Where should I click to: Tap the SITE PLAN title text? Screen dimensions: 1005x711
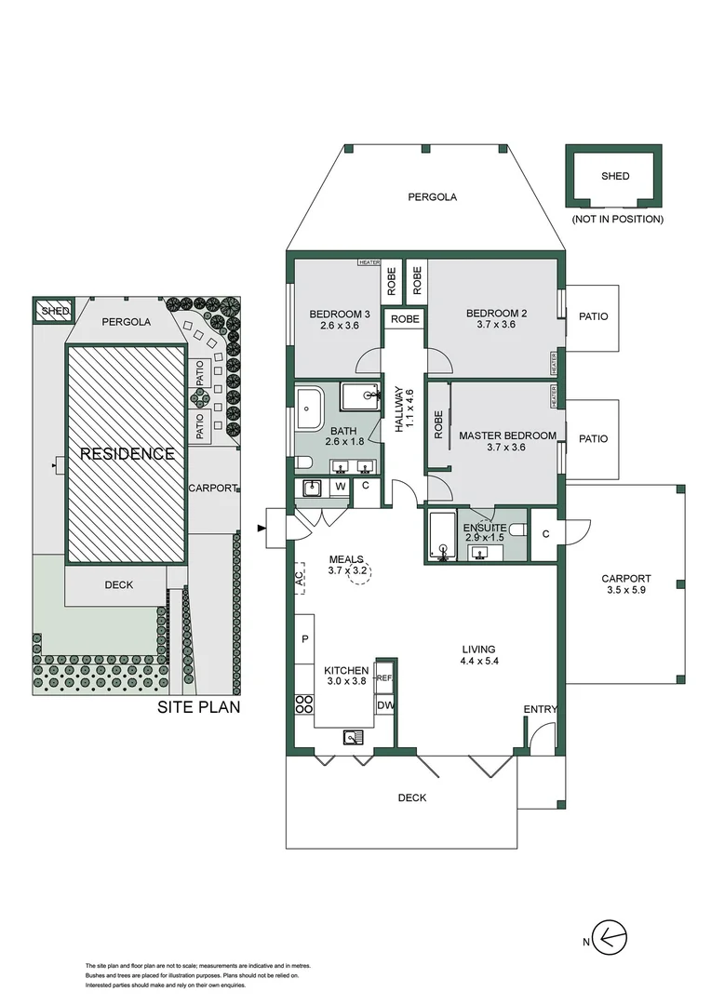pos(198,706)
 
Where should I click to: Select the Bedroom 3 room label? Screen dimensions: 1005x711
pos(340,320)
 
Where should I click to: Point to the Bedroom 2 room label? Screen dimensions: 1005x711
pos(496,319)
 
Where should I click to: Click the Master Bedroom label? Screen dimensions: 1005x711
pos(507,441)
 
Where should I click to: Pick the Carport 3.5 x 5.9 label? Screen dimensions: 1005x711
pos(625,583)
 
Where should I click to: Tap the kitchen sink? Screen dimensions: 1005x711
pos(355,737)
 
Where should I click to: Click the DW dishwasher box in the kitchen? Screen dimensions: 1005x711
pos(385,706)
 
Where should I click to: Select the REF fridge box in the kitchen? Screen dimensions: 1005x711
pos(385,677)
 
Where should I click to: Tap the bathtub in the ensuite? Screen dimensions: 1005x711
pos(440,537)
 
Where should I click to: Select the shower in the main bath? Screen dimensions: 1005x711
pos(360,395)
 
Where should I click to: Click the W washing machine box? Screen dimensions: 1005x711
pos(340,486)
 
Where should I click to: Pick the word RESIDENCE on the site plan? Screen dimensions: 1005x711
pos(127,454)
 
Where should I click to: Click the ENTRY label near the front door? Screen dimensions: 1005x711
pos(540,709)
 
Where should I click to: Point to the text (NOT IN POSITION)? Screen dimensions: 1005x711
pos(617,220)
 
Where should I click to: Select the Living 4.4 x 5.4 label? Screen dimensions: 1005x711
pos(481,656)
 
